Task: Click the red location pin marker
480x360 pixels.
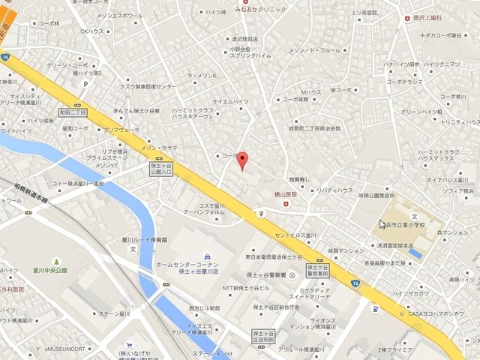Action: coord(241,160)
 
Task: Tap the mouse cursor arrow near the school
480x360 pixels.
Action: coord(382,223)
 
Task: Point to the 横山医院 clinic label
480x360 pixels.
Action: coord(283,194)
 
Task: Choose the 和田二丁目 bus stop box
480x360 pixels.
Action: coord(72,112)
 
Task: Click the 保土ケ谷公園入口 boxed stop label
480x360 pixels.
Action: coord(161,166)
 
